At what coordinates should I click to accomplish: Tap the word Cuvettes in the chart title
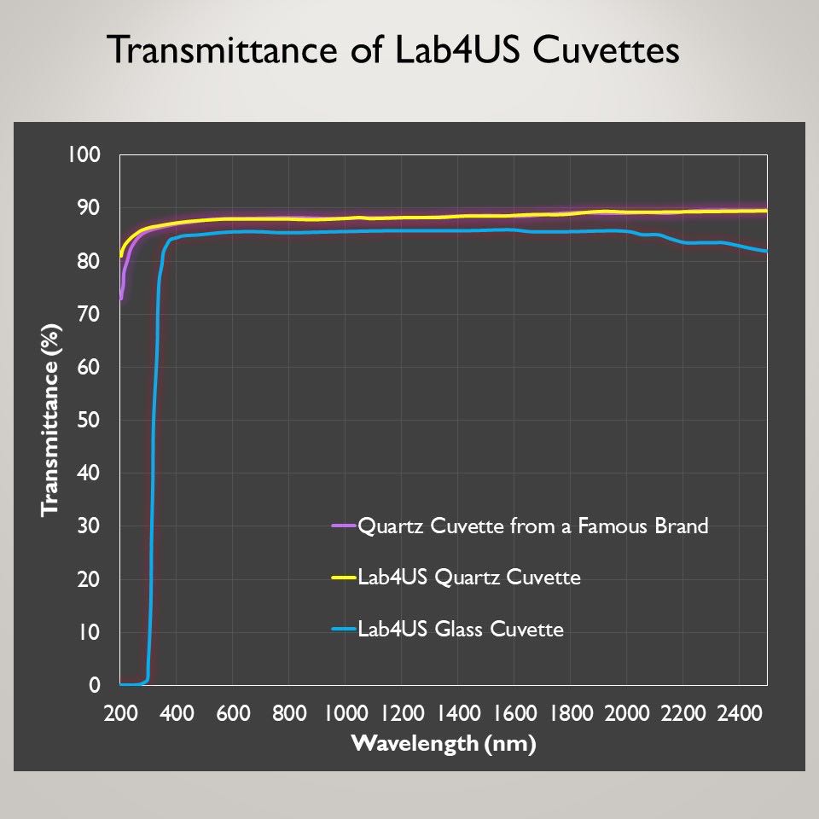pyautogui.click(x=608, y=50)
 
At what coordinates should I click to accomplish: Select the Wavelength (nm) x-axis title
pyautogui.click(x=444, y=743)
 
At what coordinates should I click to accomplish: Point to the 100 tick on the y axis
pyautogui.click(x=88, y=155)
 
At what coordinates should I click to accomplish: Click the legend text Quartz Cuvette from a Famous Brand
pyautogui.click(x=533, y=526)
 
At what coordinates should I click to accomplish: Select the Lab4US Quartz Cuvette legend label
pyautogui.click(x=469, y=578)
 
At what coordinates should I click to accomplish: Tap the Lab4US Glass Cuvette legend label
pyautogui.click(x=461, y=630)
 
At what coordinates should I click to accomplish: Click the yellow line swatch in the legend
pyautogui.click(x=344, y=578)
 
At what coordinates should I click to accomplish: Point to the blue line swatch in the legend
pyautogui.click(x=344, y=630)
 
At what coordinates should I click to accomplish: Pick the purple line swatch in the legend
pyautogui.click(x=344, y=526)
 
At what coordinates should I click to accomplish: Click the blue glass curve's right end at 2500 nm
pyautogui.click(x=765, y=251)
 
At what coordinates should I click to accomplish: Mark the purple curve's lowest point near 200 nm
pyautogui.click(x=121, y=299)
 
